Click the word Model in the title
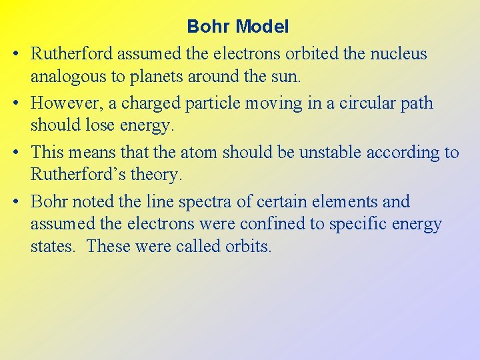263,27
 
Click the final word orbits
247,247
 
